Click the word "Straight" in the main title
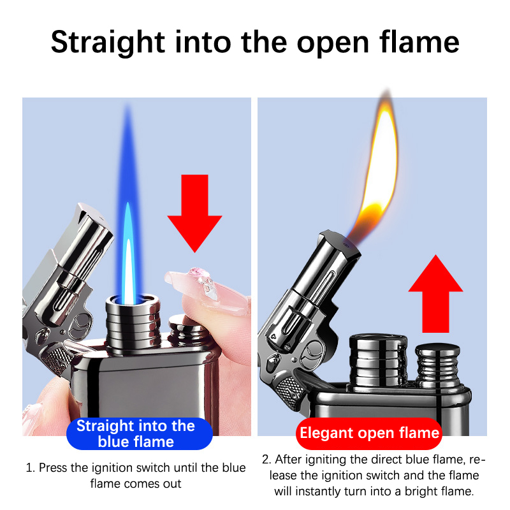[x=108, y=43]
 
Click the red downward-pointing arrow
[x=194, y=213]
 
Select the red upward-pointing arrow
[x=435, y=293]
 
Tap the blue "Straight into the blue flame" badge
[x=139, y=433]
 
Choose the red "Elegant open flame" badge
[x=369, y=433]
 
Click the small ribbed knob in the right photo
[x=437, y=364]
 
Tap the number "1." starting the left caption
[x=30, y=468]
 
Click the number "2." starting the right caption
[x=266, y=460]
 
